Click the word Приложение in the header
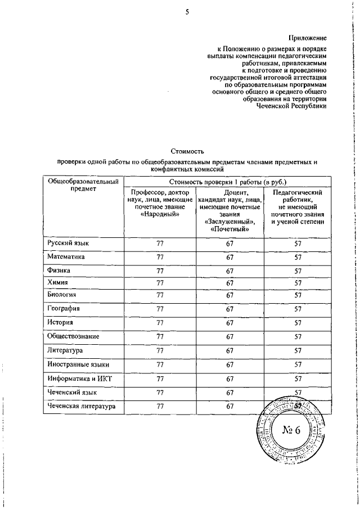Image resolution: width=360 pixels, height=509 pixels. coord(308,38)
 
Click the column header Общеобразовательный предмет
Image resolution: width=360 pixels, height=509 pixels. coord(83,185)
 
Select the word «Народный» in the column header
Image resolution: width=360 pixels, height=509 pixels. coord(160,214)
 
